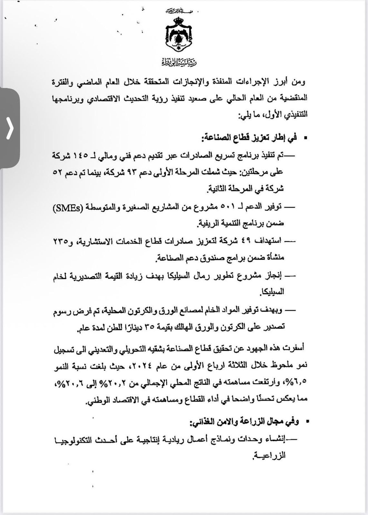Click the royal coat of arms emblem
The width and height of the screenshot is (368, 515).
tap(179, 36)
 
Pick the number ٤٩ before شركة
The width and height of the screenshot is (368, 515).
tap(248, 241)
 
